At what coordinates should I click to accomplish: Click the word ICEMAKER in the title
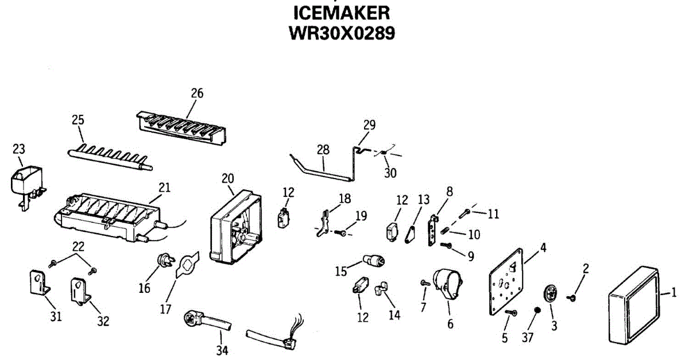342,13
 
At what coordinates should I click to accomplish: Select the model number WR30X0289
342,33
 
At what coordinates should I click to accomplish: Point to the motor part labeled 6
447,284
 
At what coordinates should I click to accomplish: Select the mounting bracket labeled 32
80,289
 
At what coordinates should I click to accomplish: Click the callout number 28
323,149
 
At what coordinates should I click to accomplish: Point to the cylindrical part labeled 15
374,262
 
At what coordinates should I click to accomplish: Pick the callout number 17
166,309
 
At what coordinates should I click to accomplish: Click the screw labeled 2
572,297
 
